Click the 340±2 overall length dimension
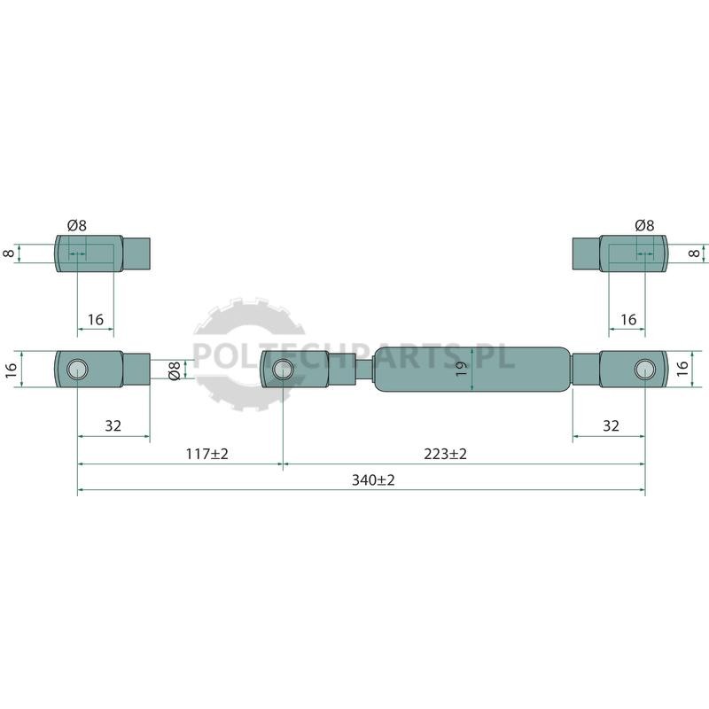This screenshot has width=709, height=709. point(373,479)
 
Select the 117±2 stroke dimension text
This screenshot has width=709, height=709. point(207,454)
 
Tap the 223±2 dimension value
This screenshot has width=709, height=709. point(445,454)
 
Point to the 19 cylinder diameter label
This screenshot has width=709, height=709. point(461,370)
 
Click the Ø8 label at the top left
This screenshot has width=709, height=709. point(77,225)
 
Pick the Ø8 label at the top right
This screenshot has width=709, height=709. point(644,225)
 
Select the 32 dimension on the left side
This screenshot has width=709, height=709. point(113,426)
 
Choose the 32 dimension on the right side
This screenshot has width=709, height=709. point(611,426)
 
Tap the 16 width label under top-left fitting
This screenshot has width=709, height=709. point(96,320)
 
